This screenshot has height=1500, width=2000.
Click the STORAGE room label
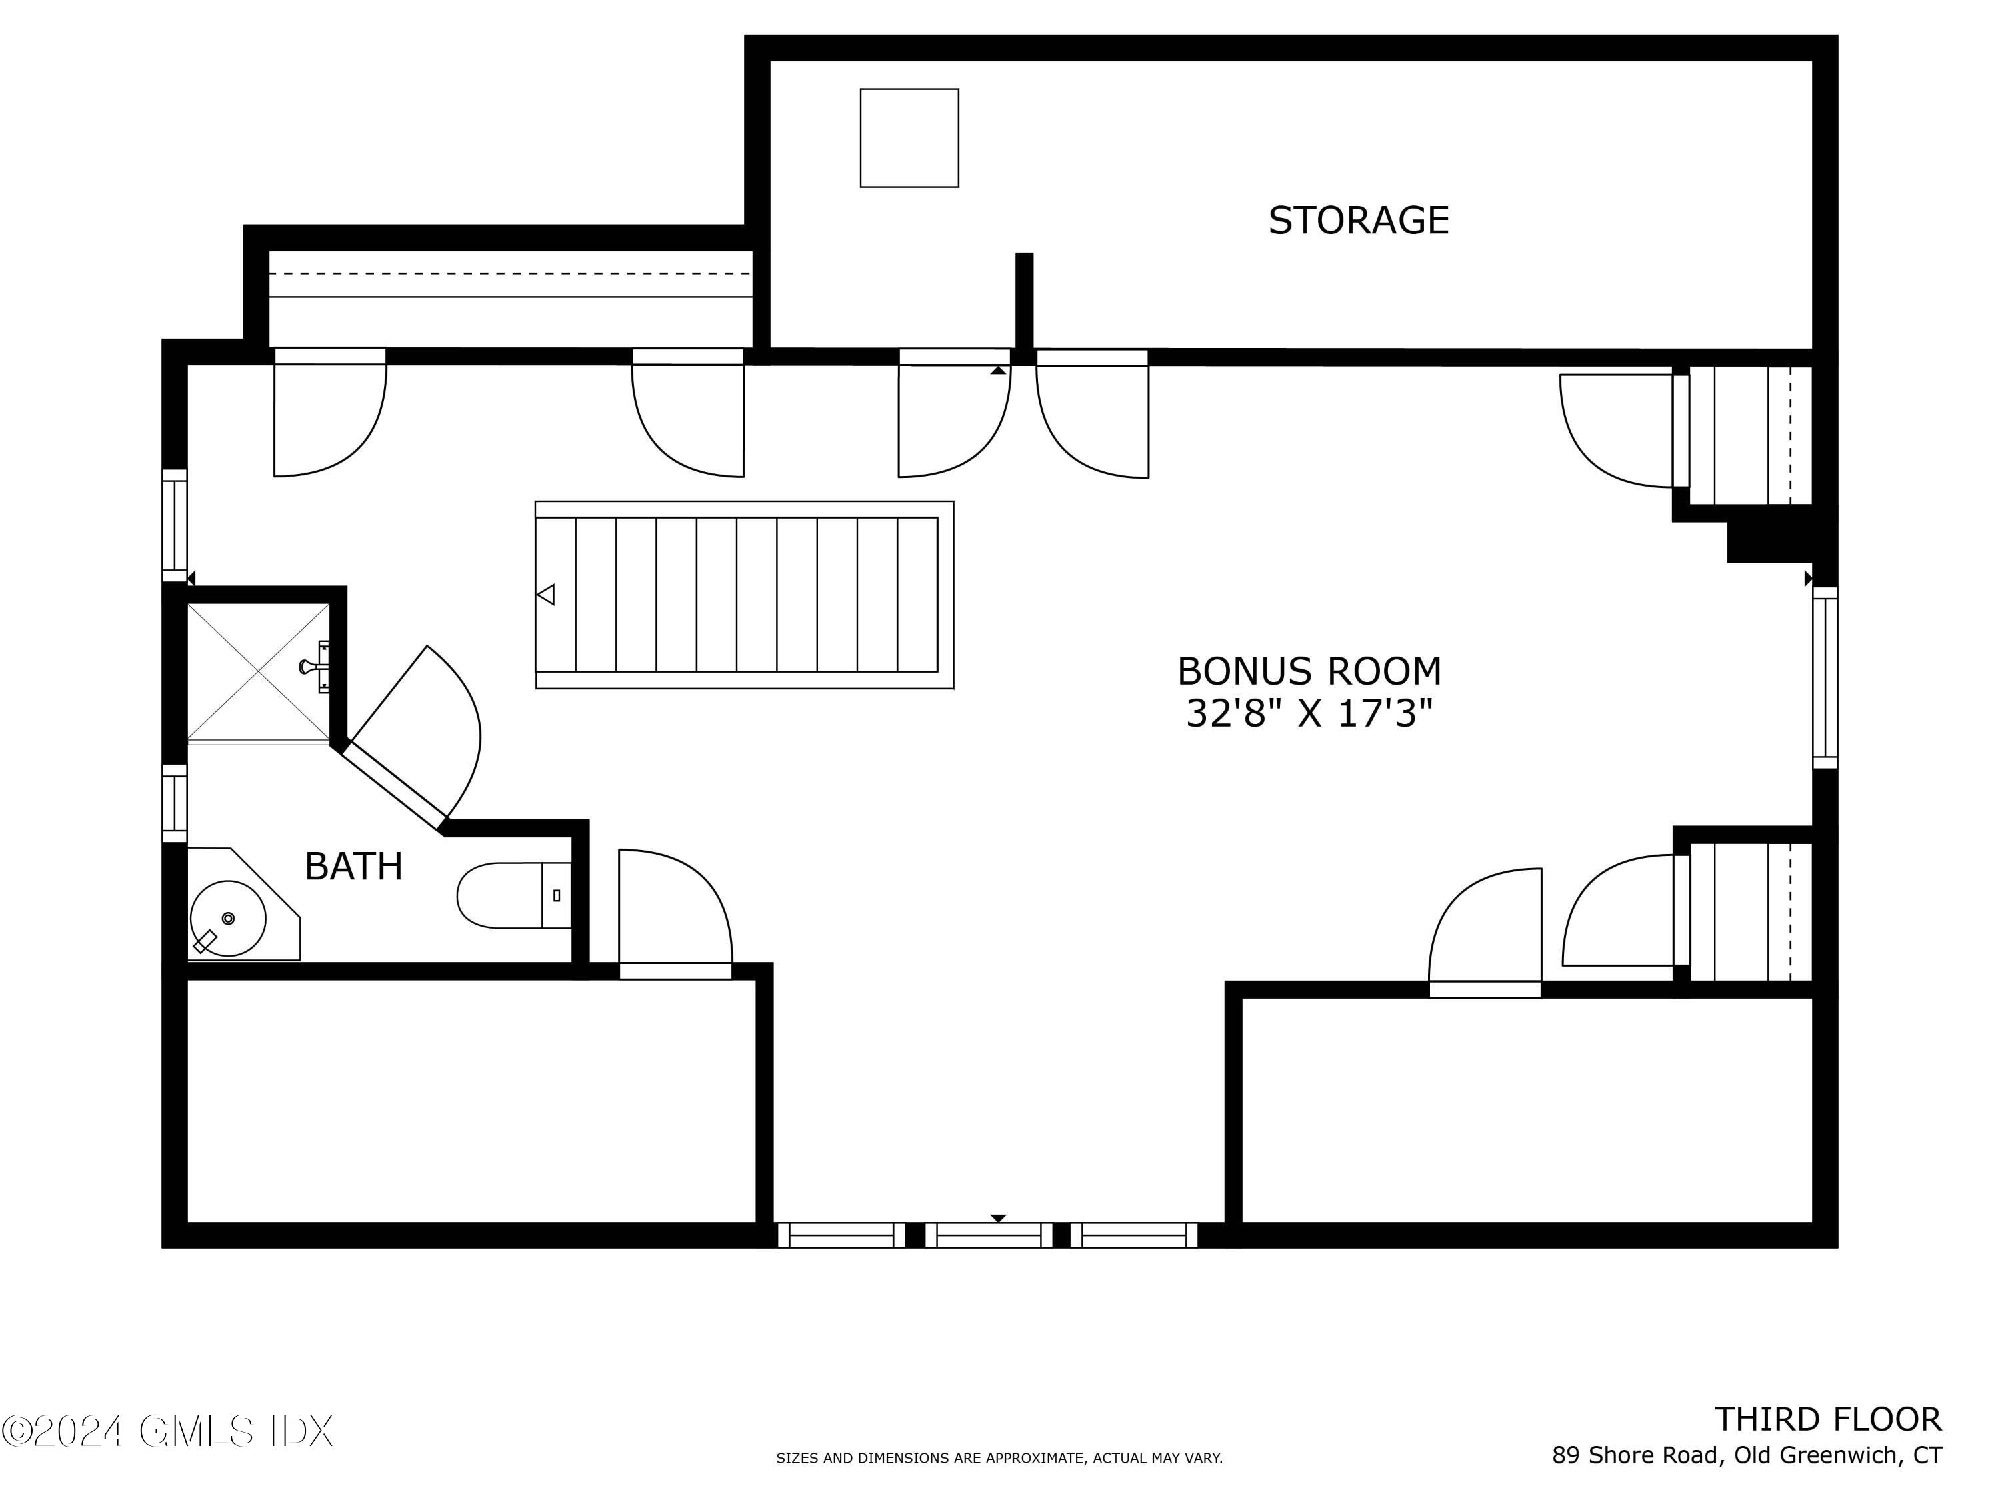[1357, 221]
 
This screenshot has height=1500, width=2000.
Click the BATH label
[353, 866]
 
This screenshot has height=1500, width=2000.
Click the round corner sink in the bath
[228, 919]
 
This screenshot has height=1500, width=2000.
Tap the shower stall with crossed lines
[259, 672]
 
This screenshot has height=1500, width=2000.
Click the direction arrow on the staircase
[546, 595]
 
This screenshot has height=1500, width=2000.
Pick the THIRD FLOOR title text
[1827, 1419]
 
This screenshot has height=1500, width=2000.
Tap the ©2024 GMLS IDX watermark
[167, 1431]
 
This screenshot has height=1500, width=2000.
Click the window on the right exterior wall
[1825, 678]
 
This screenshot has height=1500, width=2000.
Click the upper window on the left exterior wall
[175, 525]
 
